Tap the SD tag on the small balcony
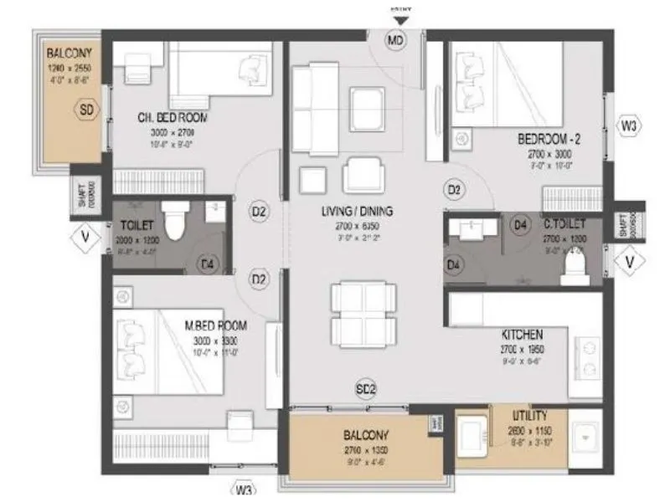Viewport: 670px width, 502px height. [x=85, y=109]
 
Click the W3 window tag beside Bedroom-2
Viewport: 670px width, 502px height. [x=630, y=126]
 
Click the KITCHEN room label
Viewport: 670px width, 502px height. [x=522, y=333]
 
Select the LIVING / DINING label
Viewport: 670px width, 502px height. [x=358, y=211]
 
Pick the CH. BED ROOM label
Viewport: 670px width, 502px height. [x=173, y=117]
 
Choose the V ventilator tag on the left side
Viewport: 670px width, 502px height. [x=84, y=237]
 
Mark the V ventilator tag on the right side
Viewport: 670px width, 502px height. [x=630, y=263]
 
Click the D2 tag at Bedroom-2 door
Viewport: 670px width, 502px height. [x=454, y=191]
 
